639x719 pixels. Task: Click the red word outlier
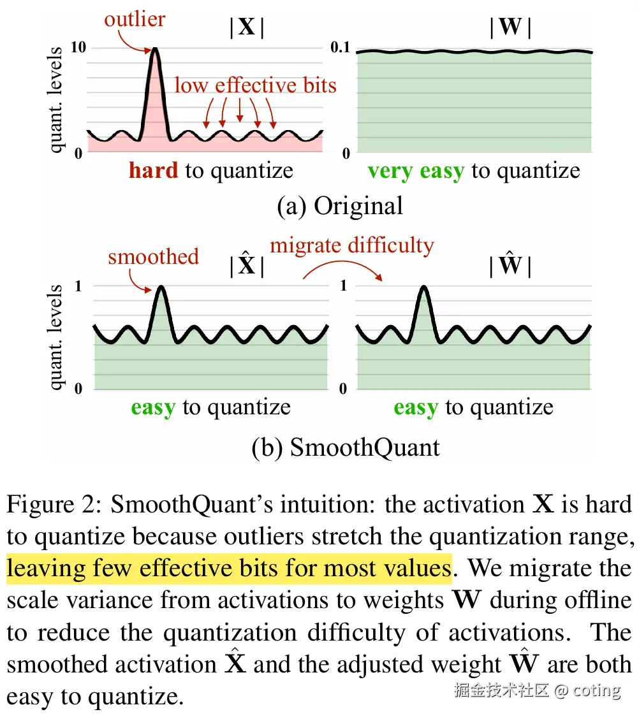click(x=135, y=19)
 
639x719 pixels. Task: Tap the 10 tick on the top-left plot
click(x=79, y=48)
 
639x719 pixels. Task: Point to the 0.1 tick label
click(x=341, y=48)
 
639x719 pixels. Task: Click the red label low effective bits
click(x=255, y=85)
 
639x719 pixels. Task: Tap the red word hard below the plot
click(x=153, y=171)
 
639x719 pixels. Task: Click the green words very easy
click(x=415, y=171)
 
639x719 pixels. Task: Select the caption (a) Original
click(x=340, y=205)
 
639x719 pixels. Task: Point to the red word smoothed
click(x=153, y=256)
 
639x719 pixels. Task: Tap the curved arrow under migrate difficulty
click(x=342, y=266)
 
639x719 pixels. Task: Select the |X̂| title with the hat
click(x=246, y=266)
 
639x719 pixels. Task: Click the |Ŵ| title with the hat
click(x=510, y=266)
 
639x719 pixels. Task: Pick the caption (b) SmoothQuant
click(x=345, y=447)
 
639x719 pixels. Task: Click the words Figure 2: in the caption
click(x=55, y=504)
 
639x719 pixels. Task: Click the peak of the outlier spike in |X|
click(x=154, y=50)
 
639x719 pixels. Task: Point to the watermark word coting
click(x=596, y=690)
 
